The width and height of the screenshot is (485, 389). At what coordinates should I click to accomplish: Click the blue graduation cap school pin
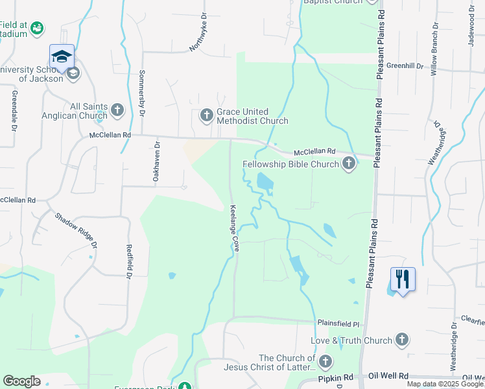click(x=62, y=56)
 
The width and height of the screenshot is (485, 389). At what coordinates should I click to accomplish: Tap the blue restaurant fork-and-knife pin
click(x=403, y=280)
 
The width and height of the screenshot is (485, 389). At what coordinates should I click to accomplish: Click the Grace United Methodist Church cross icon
click(x=207, y=116)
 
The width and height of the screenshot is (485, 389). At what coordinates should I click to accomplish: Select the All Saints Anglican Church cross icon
click(x=117, y=110)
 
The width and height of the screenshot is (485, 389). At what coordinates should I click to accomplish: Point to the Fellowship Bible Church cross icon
click(x=349, y=163)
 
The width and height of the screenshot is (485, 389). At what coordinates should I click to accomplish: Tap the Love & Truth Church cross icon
click(x=402, y=340)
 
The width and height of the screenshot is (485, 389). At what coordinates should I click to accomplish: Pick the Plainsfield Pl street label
click(x=338, y=322)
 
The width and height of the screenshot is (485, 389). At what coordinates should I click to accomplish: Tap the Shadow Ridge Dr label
click(x=75, y=230)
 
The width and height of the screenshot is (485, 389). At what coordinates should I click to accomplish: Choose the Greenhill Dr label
click(x=404, y=66)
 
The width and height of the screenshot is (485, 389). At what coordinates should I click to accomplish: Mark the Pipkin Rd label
click(x=335, y=377)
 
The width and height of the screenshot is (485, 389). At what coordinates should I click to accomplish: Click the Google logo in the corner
click(x=21, y=381)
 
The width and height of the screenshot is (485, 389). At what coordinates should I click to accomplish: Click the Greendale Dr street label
click(x=12, y=110)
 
